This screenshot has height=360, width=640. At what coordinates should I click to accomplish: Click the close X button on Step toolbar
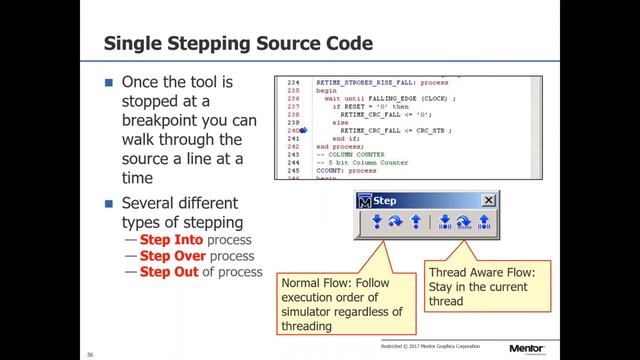(488, 200)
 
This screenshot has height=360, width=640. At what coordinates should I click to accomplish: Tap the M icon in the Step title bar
(365, 200)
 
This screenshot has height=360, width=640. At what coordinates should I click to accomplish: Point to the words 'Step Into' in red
(169, 241)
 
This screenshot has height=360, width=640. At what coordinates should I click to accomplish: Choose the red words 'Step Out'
(168, 271)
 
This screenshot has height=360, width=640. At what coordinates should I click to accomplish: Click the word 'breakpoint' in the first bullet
(164, 120)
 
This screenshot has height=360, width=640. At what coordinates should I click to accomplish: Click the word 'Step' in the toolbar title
(386, 200)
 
